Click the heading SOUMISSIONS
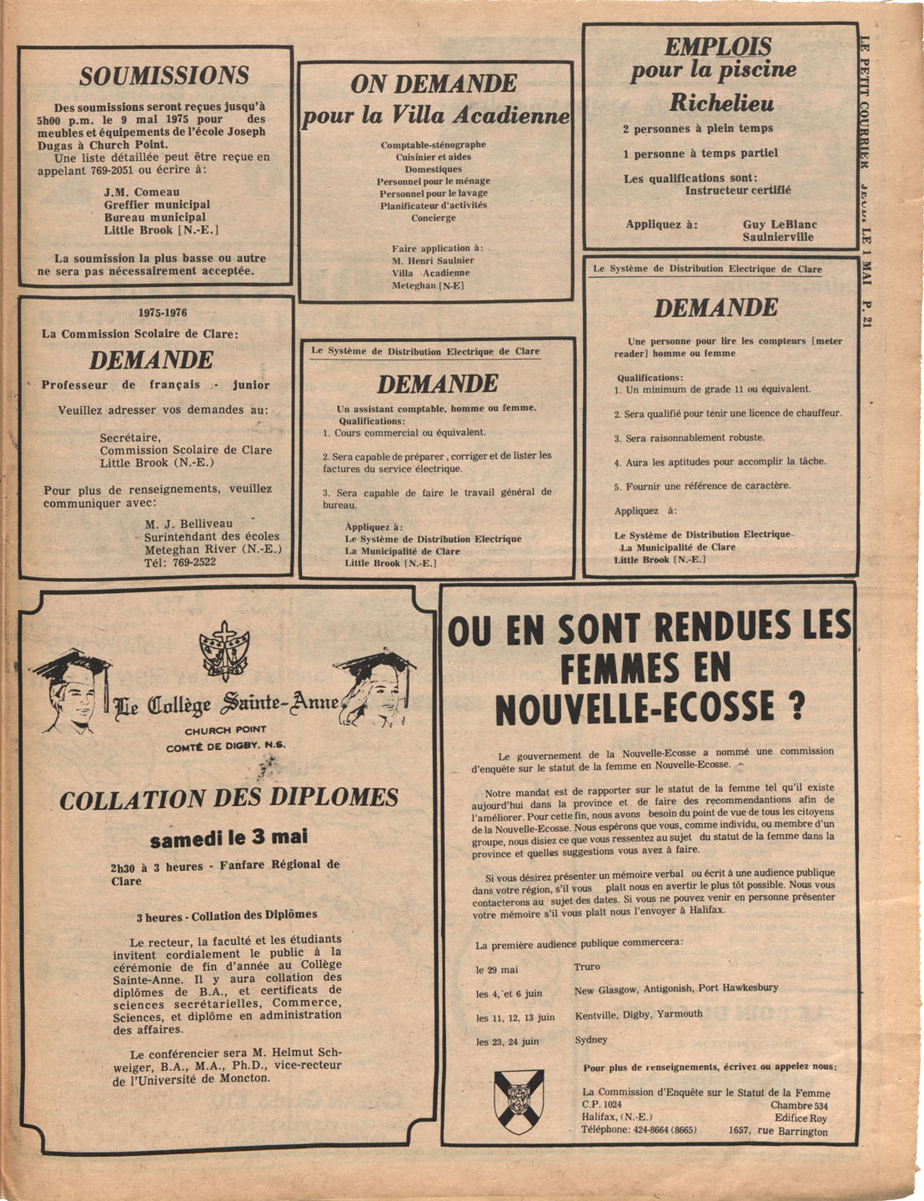[x=164, y=76]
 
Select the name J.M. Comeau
[x=141, y=192]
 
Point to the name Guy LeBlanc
[x=780, y=224]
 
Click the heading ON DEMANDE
[x=434, y=83]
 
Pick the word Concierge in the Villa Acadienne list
[x=434, y=218]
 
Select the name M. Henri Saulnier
[x=433, y=260]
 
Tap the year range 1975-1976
[x=163, y=313]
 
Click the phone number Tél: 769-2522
[x=180, y=562]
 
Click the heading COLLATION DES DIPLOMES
[x=228, y=798]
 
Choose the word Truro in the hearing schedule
[x=587, y=967]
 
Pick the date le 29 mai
[x=497, y=970]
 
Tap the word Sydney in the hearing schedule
[x=591, y=1040]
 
